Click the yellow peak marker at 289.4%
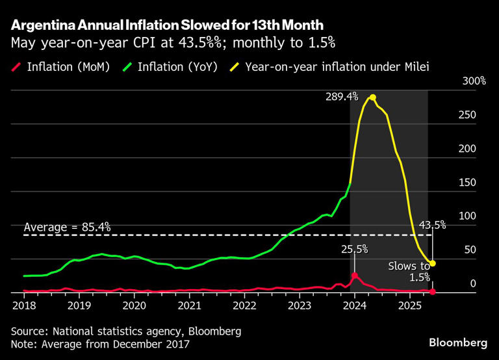pos(372,97)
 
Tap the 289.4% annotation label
pos(341,96)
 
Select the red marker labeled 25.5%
pos(355,276)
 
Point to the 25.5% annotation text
pos(355,248)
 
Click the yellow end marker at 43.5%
pos(433,263)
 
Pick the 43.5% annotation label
pos(432,225)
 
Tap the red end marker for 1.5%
pos(433,292)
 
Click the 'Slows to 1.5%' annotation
pos(409,272)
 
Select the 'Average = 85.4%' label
pos(68,227)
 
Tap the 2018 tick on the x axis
pos(23,305)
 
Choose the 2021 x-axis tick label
pos(189,305)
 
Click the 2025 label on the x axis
pos(410,305)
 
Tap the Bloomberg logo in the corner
pos(458,342)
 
